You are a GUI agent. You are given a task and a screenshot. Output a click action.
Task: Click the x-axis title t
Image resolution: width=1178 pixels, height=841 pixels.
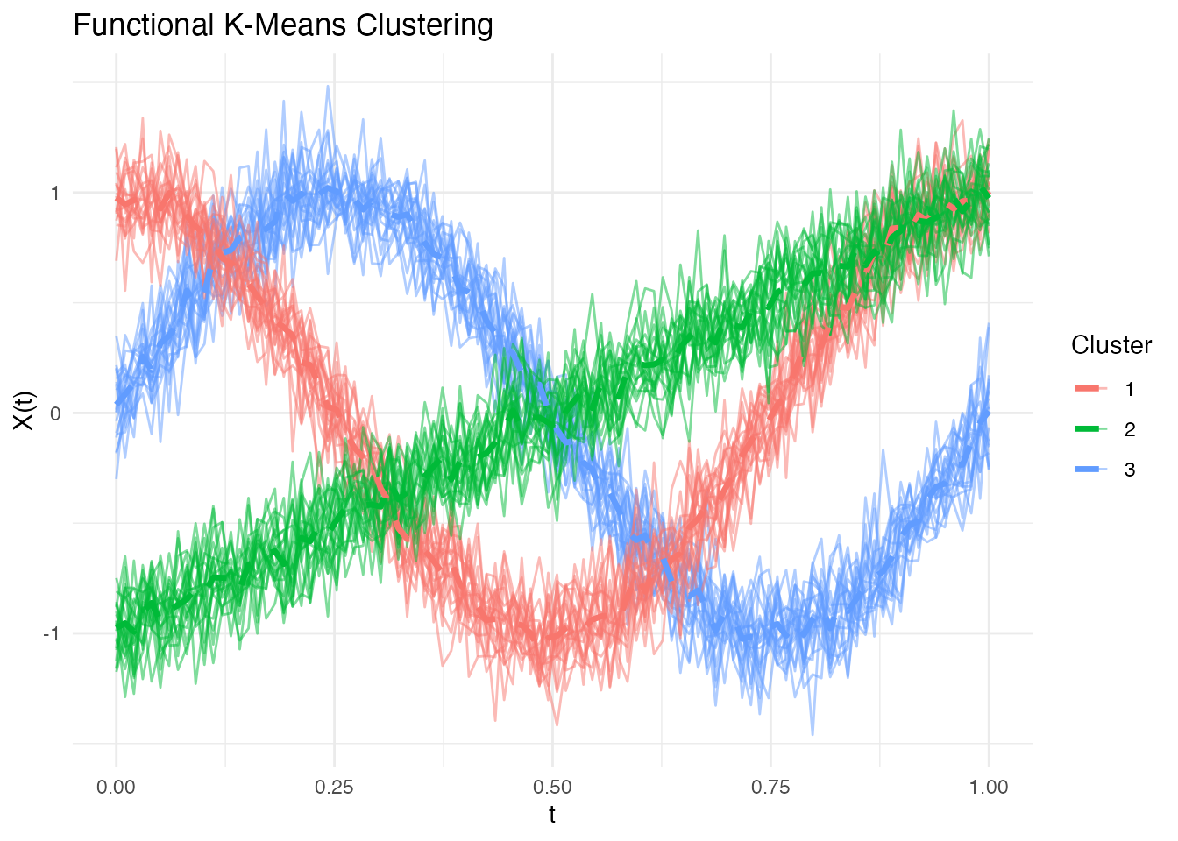pyautogui.click(x=552, y=815)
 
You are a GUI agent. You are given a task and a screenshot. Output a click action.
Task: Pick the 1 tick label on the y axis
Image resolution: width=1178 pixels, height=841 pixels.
pyautogui.click(x=55, y=193)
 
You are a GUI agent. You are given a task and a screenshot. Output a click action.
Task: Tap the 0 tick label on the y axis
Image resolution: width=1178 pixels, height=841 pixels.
pyautogui.click(x=55, y=413)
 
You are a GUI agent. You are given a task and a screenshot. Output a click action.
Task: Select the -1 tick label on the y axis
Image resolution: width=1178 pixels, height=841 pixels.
pyautogui.click(x=52, y=633)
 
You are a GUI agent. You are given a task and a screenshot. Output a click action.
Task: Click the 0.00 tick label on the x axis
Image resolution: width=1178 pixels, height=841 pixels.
pyautogui.click(x=116, y=787)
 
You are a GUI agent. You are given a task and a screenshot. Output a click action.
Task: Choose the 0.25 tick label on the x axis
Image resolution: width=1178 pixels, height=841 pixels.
pyautogui.click(x=334, y=787)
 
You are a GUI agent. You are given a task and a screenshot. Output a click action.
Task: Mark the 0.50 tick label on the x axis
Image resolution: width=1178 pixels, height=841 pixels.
pyautogui.click(x=552, y=787)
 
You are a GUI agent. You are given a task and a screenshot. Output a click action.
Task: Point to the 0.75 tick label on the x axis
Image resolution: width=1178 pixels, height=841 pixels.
pyautogui.click(x=770, y=787)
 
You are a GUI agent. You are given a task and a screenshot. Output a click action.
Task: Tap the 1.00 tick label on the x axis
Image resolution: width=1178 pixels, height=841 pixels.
pyautogui.click(x=989, y=787)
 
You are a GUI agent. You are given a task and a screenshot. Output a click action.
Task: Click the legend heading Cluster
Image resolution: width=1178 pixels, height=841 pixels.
pyautogui.click(x=1111, y=345)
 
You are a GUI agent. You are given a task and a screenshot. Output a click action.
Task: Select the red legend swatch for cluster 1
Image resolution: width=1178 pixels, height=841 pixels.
pyautogui.click(x=1091, y=389)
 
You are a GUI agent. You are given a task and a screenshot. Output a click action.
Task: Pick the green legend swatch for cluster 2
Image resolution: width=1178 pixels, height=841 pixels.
pyautogui.click(x=1091, y=429)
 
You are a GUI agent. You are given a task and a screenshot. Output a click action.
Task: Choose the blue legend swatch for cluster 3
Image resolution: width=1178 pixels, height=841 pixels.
pyautogui.click(x=1091, y=470)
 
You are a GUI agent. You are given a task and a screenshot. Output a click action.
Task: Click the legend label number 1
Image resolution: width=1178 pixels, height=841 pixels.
pyautogui.click(x=1130, y=389)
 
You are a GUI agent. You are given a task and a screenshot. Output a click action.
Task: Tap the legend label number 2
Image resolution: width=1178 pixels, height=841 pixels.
pyautogui.click(x=1130, y=429)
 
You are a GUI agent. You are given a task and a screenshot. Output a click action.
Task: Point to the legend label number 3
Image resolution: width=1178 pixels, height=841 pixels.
pyautogui.click(x=1130, y=470)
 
